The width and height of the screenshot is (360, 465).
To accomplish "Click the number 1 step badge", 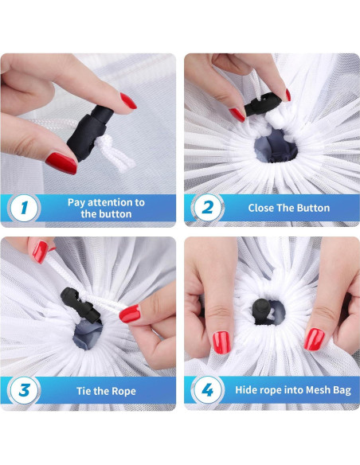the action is click(x=24, y=208).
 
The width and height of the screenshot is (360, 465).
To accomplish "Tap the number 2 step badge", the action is click(x=207, y=207).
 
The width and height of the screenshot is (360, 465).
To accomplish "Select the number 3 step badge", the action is click(x=24, y=390).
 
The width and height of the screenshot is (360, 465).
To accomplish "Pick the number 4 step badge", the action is click(x=207, y=389).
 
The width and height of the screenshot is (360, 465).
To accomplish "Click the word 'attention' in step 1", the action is click(x=111, y=202).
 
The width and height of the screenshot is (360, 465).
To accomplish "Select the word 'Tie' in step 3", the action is click(x=84, y=391).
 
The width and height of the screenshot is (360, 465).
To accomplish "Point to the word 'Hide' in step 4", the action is click(x=245, y=389).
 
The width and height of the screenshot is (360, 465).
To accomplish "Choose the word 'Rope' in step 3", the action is click(x=123, y=391).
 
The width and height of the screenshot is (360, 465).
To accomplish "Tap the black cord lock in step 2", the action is click(x=263, y=104).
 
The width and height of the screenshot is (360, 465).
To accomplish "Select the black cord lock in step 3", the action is click(x=80, y=305).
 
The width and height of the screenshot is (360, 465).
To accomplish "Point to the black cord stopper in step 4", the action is click(x=262, y=311).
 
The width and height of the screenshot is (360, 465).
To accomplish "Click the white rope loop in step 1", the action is click(x=114, y=154).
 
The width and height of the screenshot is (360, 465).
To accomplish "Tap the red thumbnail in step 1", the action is click(x=61, y=162).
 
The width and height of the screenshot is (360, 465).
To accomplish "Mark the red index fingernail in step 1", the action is click(x=128, y=101).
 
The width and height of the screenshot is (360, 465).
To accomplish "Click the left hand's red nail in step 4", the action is click(x=221, y=342).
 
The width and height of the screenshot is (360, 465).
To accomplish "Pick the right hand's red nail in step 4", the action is click(x=314, y=339).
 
